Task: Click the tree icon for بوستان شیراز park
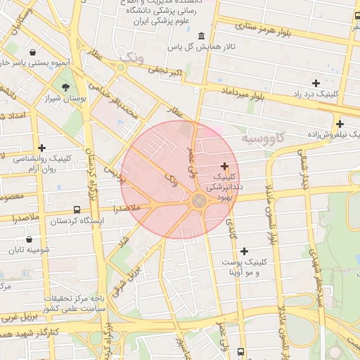[65, 87]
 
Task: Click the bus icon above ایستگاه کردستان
[77, 210]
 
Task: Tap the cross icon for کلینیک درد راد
[316, 83]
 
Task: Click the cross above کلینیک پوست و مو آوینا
[244, 251]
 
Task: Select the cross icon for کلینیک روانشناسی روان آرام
[42, 148]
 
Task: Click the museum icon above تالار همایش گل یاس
[202, 36]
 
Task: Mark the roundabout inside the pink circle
[199, 202]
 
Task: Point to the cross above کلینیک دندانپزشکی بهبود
[224, 167]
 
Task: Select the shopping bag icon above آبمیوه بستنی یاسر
[33, 52]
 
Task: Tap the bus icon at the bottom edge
[241, 352]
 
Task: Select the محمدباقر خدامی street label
[123, 99]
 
